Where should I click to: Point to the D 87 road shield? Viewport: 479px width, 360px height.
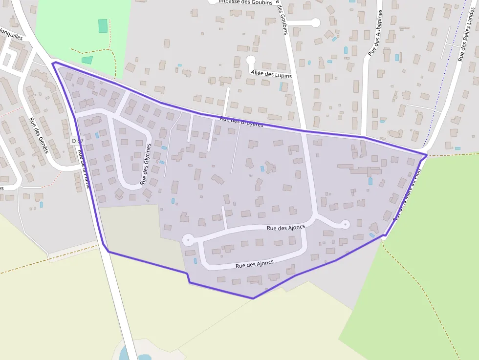click(78, 141)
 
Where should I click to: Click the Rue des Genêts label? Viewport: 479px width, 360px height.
click(39, 136)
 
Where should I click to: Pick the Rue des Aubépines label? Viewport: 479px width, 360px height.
click(375, 33)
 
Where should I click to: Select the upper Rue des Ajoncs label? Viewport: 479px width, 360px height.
click(286, 227)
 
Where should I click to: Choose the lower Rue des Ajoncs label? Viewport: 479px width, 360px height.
click(254, 264)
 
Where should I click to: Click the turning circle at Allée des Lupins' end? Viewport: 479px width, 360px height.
click(251, 60)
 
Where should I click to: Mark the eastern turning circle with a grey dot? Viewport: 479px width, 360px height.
click(346, 224)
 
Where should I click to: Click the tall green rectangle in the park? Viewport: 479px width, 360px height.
click(103, 26)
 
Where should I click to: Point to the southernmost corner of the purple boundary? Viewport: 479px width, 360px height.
click(253, 298)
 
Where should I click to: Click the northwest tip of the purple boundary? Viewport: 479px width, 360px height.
click(53, 63)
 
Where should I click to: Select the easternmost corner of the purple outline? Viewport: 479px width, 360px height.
click(427, 155)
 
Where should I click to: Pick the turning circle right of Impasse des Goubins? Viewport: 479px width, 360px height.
click(315, 22)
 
